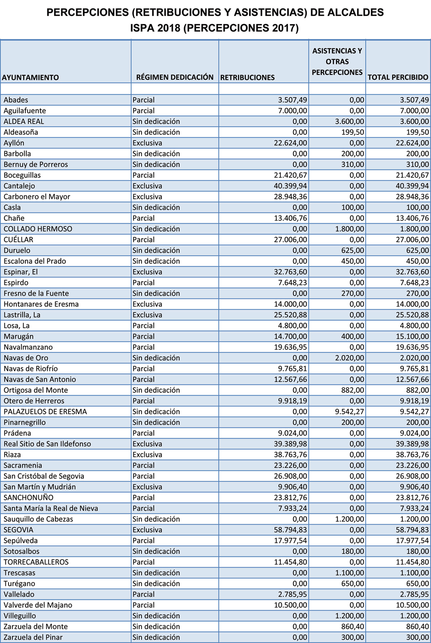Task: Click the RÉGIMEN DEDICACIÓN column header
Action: click(175, 77)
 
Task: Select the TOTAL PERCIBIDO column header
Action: click(398, 77)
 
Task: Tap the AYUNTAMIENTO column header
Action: click(30, 78)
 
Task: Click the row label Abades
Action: click(16, 100)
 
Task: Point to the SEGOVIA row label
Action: click(19, 530)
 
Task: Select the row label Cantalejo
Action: click(19, 186)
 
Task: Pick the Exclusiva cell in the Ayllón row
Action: click(147, 143)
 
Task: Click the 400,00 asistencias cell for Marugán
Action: click(353, 336)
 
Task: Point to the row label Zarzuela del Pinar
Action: click(33, 638)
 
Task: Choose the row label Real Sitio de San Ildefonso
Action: click(47, 444)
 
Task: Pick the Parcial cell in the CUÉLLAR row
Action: click(143, 240)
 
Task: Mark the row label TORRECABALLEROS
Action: click(36, 562)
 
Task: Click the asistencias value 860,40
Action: click(353, 627)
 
